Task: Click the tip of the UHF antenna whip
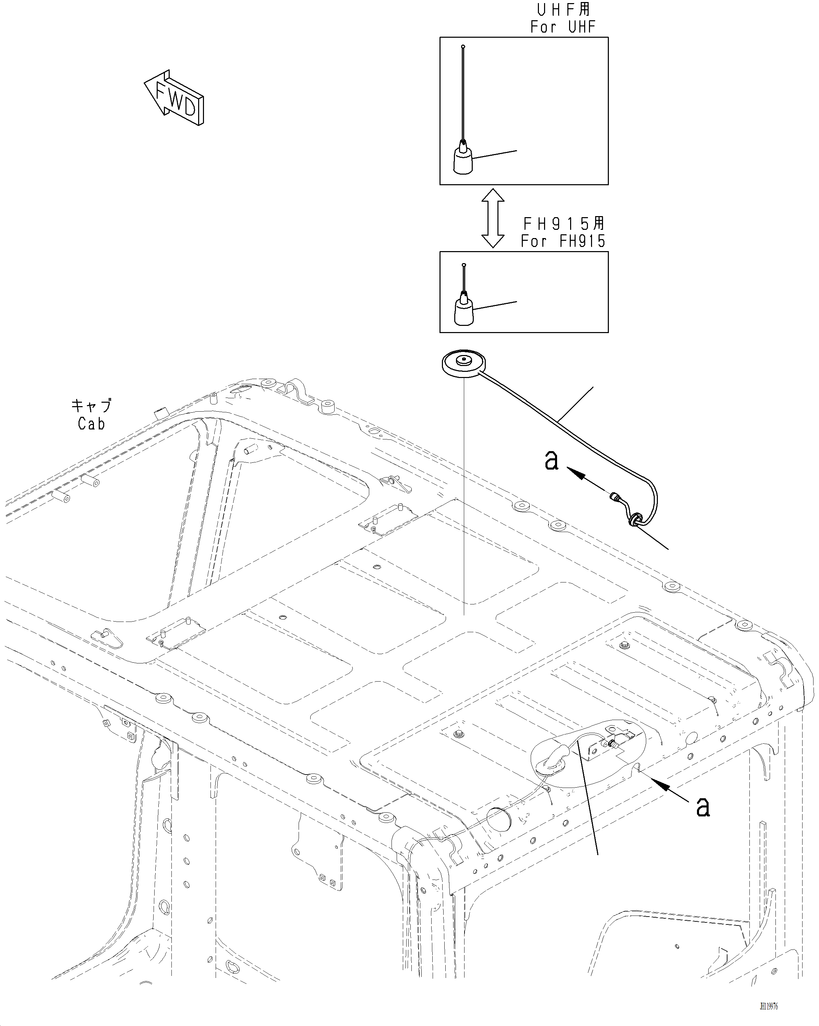click(463, 47)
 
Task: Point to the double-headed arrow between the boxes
click(493, 218)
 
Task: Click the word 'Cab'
click(91, 424)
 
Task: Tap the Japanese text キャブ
click(91, 405)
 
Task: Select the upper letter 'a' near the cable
click(551, 460)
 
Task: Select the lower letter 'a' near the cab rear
click(703, 806)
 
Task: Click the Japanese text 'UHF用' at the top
click(564, 10)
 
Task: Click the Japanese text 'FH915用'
click(564, 223)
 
